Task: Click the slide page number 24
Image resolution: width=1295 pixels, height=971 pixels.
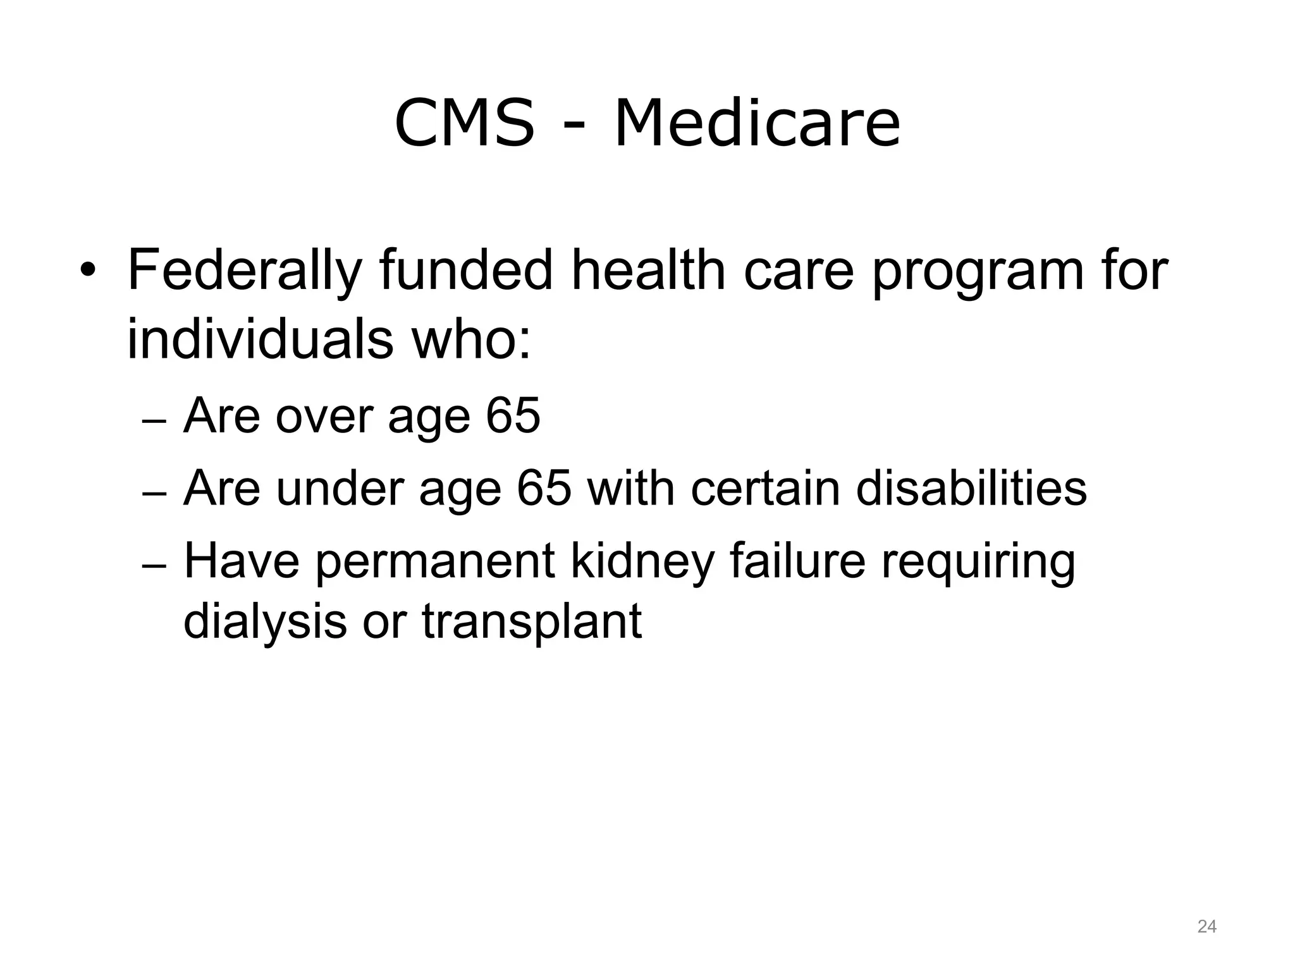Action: click(1206, 927)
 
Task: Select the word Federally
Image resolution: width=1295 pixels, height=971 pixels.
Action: click(244, 272)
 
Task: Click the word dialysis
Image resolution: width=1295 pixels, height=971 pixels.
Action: click(265, 623)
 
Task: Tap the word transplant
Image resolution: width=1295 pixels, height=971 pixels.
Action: click(532, 623)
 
